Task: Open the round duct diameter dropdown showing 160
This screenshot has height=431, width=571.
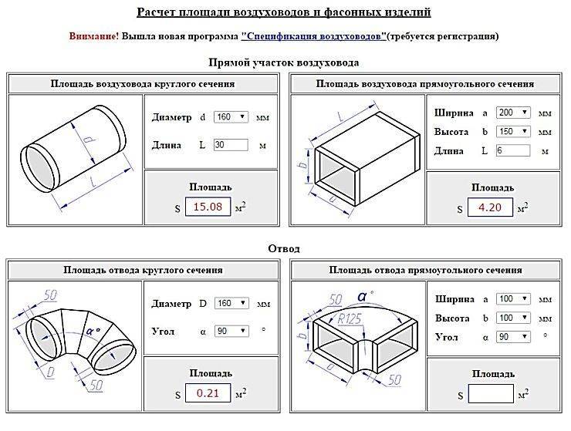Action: click(231, 117)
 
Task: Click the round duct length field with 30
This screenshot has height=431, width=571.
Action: click(231, 144)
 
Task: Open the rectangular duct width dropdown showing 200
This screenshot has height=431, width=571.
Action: click(514, 113)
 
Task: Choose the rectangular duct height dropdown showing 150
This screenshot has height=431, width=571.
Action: click(514, 131)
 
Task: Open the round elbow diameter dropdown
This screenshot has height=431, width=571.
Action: click(231, 303)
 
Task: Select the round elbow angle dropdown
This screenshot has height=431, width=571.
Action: click(231, 331)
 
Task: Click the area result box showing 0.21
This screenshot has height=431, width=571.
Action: click(208, 394)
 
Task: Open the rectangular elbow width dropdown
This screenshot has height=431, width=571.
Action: click(514, 298)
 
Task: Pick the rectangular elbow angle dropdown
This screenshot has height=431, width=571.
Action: click(514, 337)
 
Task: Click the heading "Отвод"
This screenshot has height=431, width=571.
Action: click(284, 249)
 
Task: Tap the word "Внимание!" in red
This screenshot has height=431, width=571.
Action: click(93, 36)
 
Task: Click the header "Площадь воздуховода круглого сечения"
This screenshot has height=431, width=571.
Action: click(143, 84)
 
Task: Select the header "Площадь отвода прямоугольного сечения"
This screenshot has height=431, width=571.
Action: click(425, 270)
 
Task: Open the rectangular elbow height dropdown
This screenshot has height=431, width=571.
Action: click(514, 318)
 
